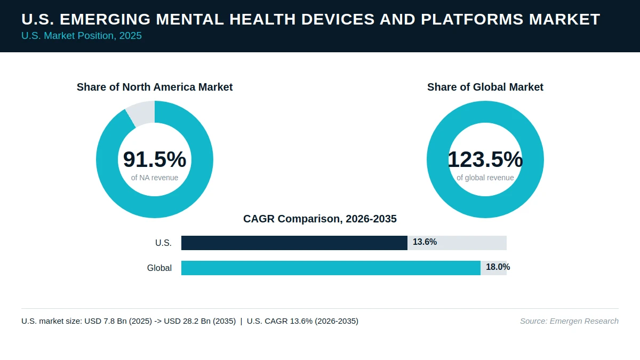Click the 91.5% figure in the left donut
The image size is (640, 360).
(x=155, y=159)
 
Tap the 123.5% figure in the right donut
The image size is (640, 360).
(x=485, y=159)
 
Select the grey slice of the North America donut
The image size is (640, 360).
(x=141, y=113)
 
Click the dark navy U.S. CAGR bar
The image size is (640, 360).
(x=294, y=243)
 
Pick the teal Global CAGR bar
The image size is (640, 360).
(x=331, y=268)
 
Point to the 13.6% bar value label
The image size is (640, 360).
(x=425, y=242)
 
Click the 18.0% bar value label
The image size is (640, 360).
(x=498, y=267)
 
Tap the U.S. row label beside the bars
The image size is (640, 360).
(x=163, y=243)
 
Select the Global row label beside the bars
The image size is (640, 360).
(x=159, y=268)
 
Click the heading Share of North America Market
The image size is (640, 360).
(x=155, y=87)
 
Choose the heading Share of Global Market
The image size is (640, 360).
(x=485, y=87)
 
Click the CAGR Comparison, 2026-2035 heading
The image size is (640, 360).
(x=320, y=219)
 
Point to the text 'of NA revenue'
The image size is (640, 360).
(x=155, y=178)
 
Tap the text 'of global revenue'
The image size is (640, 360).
(x=485, y=178)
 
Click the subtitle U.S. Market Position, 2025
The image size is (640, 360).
(x=82, y=36)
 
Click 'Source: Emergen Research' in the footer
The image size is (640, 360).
(x=569, y=321)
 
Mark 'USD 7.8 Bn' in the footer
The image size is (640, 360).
(x=106, y=321)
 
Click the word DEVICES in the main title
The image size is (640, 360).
(x=338, y=19)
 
